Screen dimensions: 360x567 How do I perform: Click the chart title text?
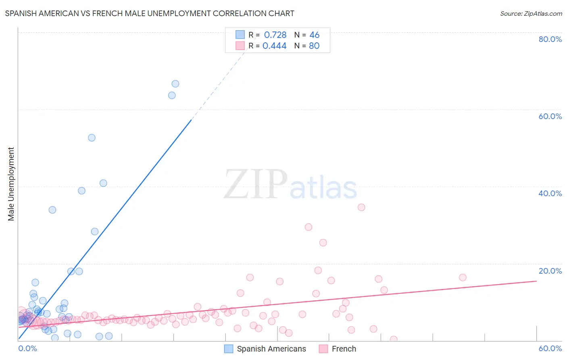pos(150,13)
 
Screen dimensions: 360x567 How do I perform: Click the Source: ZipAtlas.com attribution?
pos(531,13)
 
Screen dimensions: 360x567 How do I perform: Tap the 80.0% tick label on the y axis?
pos(550,39)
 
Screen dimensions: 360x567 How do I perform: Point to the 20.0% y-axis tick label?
pos(550,270)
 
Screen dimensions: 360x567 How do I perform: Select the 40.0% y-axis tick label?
pos(550,193)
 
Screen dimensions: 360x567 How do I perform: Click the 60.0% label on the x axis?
pos(550,348)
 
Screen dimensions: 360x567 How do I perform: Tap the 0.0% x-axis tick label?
pos(27,348)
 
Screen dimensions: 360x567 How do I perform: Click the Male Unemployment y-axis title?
pos(11,184)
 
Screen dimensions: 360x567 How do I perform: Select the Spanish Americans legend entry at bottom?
pos(265,349)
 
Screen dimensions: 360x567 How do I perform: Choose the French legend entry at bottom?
pos(338,349)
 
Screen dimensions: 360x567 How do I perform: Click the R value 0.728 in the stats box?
pos(275,35)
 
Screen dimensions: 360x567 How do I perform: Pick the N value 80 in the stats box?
pos(314,46)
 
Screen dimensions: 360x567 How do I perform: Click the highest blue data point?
pos(175,84)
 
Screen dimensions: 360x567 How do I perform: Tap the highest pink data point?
pos(361,207)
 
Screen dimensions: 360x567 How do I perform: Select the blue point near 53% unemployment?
pos(92,138)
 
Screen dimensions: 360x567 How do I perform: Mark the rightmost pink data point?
pos(463,277)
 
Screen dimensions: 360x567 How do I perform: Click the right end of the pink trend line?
pos(536,280)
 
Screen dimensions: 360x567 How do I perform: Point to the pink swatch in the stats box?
pos(240,46)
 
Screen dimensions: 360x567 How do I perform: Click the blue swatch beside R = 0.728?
pos(240,35)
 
